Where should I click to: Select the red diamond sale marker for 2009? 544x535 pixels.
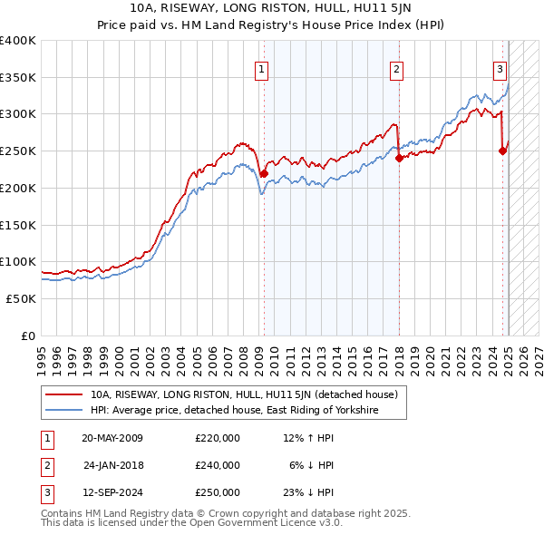coord(264,172)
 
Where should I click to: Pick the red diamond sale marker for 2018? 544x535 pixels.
coord(399,158)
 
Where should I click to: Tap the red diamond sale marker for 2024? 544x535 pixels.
coord(503,151)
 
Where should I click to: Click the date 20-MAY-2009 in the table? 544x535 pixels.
coord(112,439)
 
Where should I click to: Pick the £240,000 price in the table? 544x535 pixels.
coord(218,465)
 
